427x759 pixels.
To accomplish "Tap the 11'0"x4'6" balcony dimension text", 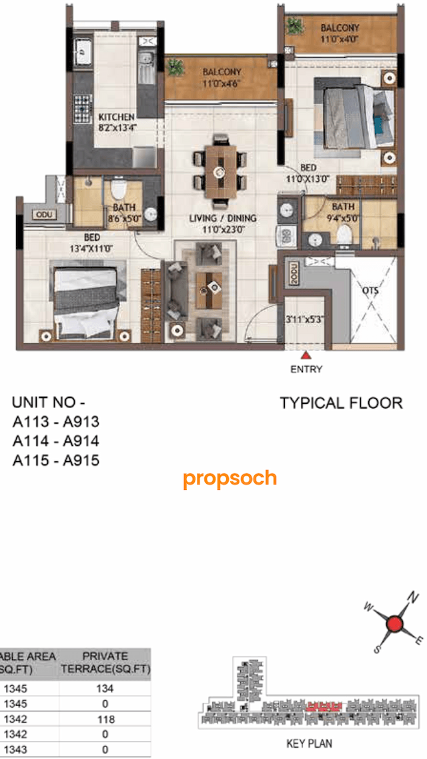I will tap(222, 84).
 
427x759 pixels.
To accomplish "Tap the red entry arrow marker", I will tap(306, 357).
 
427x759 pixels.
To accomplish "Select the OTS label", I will tap(370, 291).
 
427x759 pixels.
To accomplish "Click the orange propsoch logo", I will tap(230, 478).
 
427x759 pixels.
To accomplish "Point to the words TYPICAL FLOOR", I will tap(341, 403).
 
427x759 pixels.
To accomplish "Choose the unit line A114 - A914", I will tap(55, 440).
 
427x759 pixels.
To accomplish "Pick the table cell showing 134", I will tap(105, 688).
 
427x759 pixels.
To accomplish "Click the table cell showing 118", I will tap(105, 719).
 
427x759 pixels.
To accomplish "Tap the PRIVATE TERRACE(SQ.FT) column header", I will tap(105, 662).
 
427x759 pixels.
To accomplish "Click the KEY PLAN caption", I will tap(309, 743).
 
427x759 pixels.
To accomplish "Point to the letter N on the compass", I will tap(413, 596).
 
